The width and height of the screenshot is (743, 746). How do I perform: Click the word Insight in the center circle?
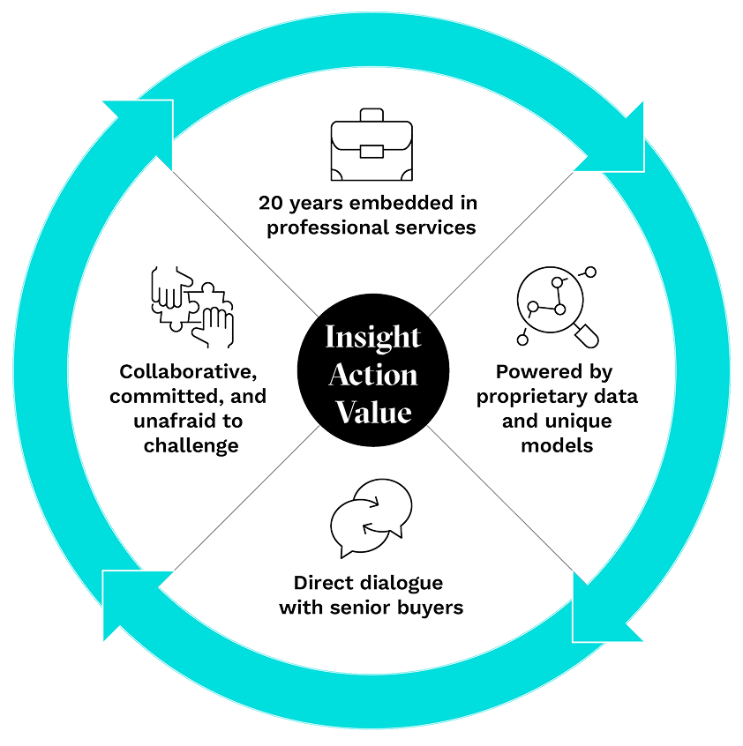point(371,338)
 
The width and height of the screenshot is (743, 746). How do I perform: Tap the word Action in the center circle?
point(371,375)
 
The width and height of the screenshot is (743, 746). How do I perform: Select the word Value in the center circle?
point(371,412)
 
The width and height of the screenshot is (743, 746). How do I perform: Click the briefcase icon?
point(371,145)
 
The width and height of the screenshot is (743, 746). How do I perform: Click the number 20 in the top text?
point(271,204)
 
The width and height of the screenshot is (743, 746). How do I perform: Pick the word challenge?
point(191,445)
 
